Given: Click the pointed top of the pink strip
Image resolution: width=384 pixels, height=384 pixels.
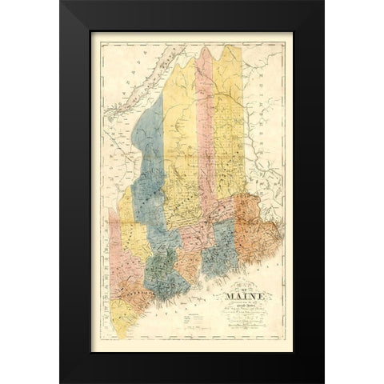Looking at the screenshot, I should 205,50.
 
